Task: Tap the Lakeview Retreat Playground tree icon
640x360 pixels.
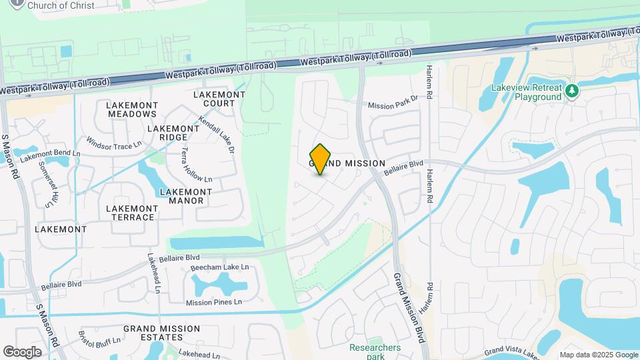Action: point(571,91)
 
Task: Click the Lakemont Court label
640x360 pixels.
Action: point(219,99)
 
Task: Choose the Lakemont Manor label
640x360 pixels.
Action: point(186,196)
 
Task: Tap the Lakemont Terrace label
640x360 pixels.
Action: point(131,212)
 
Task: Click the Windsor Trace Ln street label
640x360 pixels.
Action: point(114,143)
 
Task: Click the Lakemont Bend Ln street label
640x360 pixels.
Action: point(49,155)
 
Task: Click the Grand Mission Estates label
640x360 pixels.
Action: point(161,333)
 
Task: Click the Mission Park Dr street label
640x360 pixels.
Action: point(393,102)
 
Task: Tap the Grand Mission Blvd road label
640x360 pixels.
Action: point(409,307)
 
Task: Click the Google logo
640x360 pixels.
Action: point(22,351)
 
